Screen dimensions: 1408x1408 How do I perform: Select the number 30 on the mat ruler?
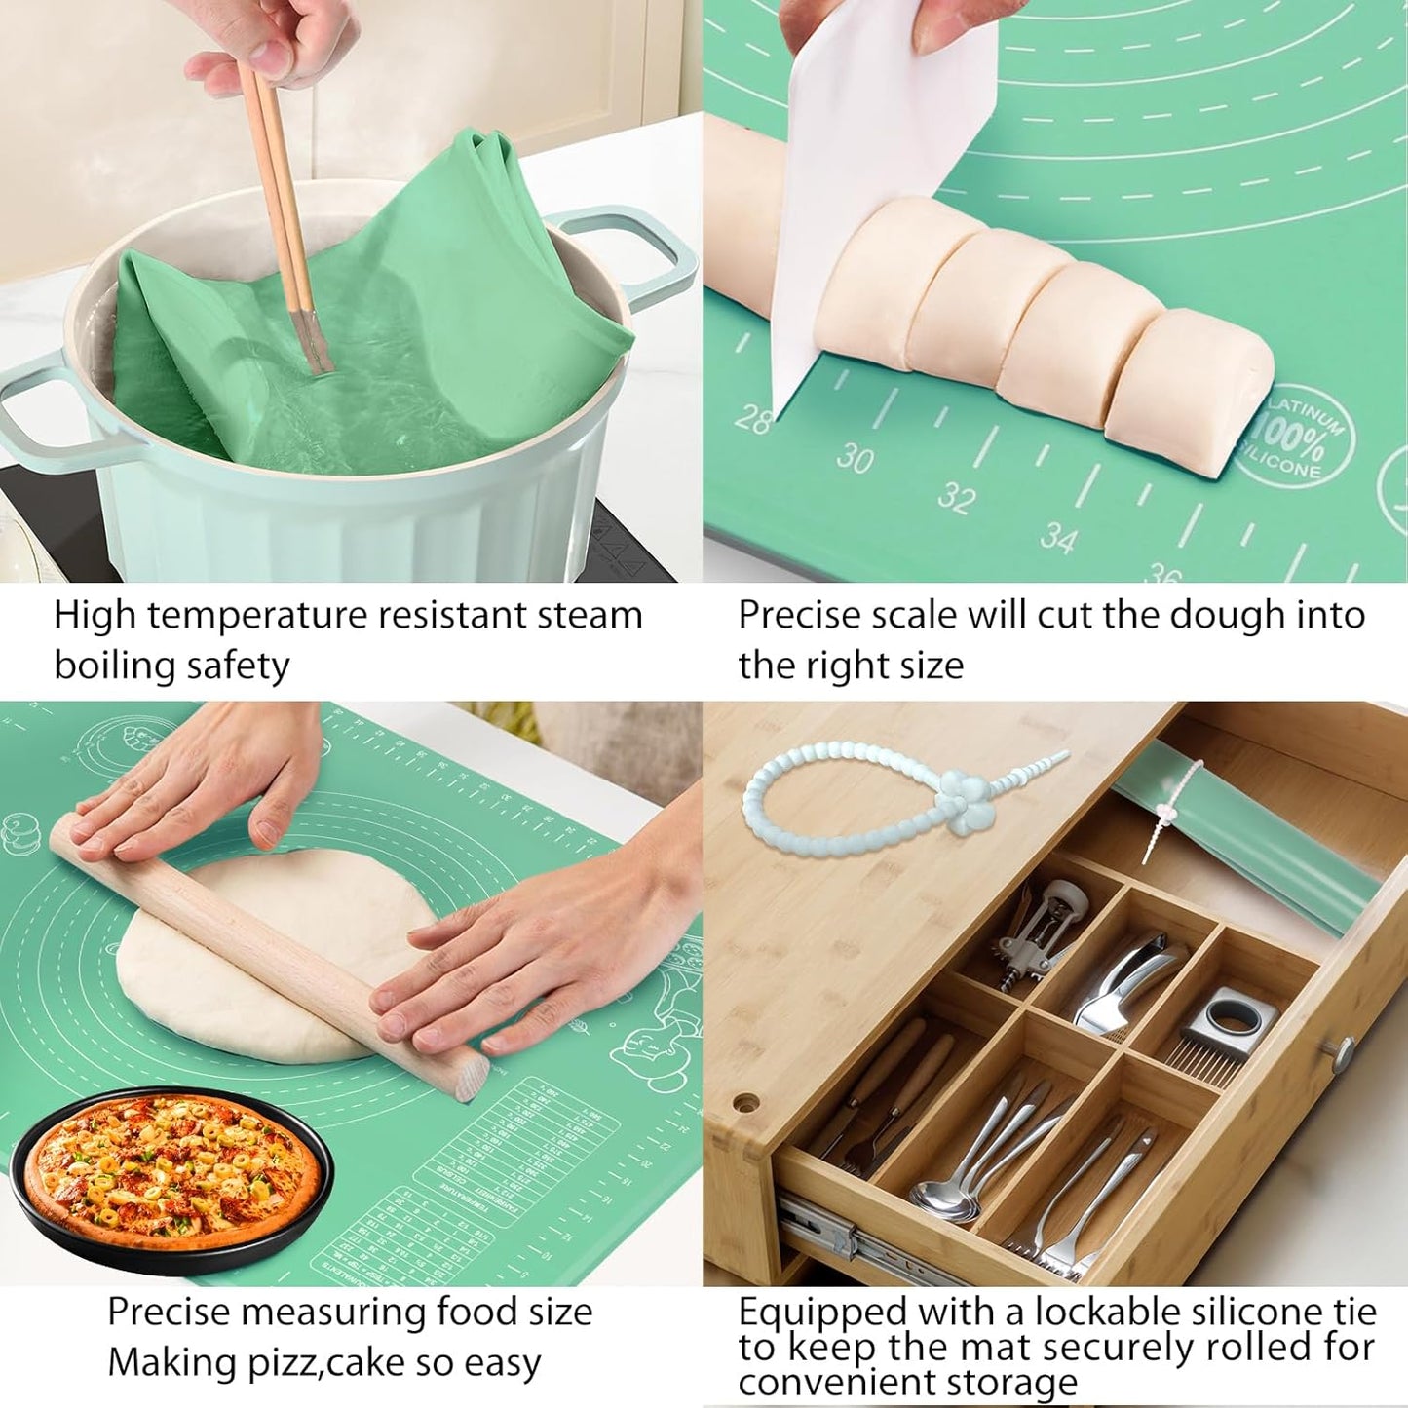(855, 458)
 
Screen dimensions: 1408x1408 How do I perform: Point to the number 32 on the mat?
(956, 499)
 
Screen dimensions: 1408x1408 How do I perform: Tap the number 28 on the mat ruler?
(751, 419)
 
